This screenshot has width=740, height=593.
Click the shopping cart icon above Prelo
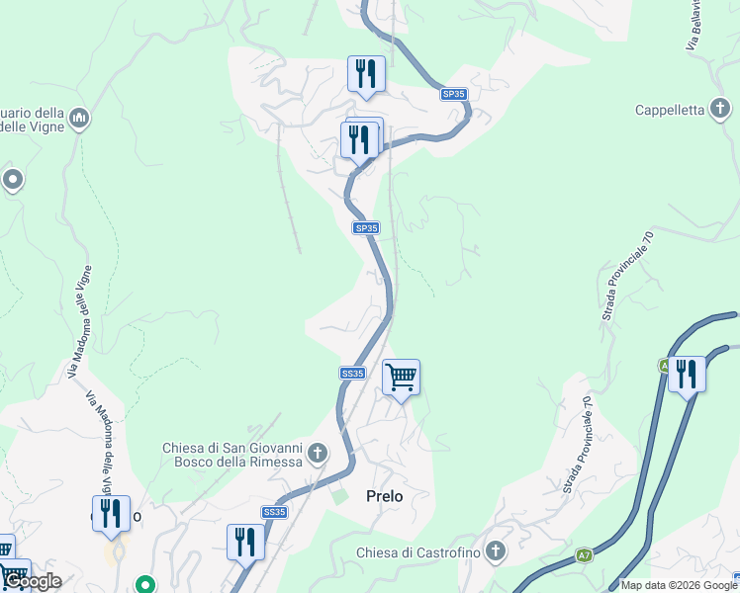(x=401, y=377)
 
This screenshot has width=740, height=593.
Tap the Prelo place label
(x=385, y=496)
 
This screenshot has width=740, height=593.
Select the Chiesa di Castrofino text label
(x=416, y=551)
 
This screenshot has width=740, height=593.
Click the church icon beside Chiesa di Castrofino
(x=496, y=551)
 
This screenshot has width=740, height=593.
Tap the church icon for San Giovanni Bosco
(x=318, y=455)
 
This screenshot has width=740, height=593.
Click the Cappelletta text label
(x=670, y=110)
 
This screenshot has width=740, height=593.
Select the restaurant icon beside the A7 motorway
(x=687, y=374)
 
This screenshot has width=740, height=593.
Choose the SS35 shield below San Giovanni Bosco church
(x=274, y=512)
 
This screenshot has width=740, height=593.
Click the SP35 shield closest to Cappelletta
(x=454, y=94)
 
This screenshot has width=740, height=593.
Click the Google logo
(x=32, y=582)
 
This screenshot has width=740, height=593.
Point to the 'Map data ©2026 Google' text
(x=679, y=585)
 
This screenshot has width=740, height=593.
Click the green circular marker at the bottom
(x=145, y=584)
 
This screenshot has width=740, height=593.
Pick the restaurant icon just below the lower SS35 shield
(x=245, y=542)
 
